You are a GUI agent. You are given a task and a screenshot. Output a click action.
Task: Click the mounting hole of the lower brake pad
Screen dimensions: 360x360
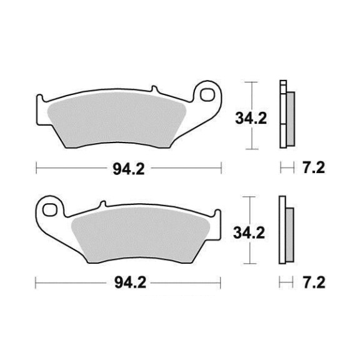tap(50, 209)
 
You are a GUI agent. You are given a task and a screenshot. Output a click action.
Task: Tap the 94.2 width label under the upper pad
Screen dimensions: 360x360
tap(129, 169)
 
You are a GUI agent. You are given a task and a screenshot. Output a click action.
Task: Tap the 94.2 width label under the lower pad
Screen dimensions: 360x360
tap(130, 282)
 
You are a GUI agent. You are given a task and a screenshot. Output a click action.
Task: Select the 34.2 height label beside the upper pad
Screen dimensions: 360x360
tap(251, 119)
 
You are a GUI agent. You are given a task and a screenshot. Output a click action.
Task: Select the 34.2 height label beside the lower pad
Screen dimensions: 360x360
tap(249, 232)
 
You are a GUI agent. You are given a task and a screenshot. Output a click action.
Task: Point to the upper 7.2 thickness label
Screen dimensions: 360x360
tap(313, 168)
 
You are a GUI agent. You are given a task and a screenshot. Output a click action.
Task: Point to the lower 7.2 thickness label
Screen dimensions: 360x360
tap(314, 282)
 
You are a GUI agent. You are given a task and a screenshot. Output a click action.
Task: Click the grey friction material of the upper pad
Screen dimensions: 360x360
tap(117, 119)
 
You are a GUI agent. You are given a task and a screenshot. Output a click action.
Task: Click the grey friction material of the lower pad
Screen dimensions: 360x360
tap(141, 234)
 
